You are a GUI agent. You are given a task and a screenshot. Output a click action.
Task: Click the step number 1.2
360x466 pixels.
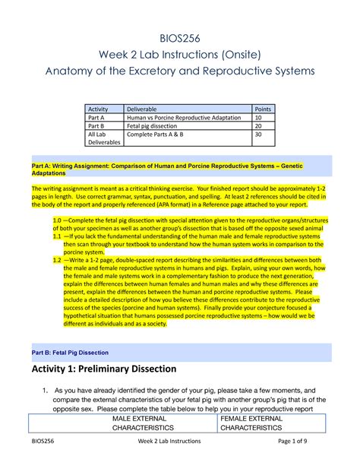(x=58, y=258)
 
